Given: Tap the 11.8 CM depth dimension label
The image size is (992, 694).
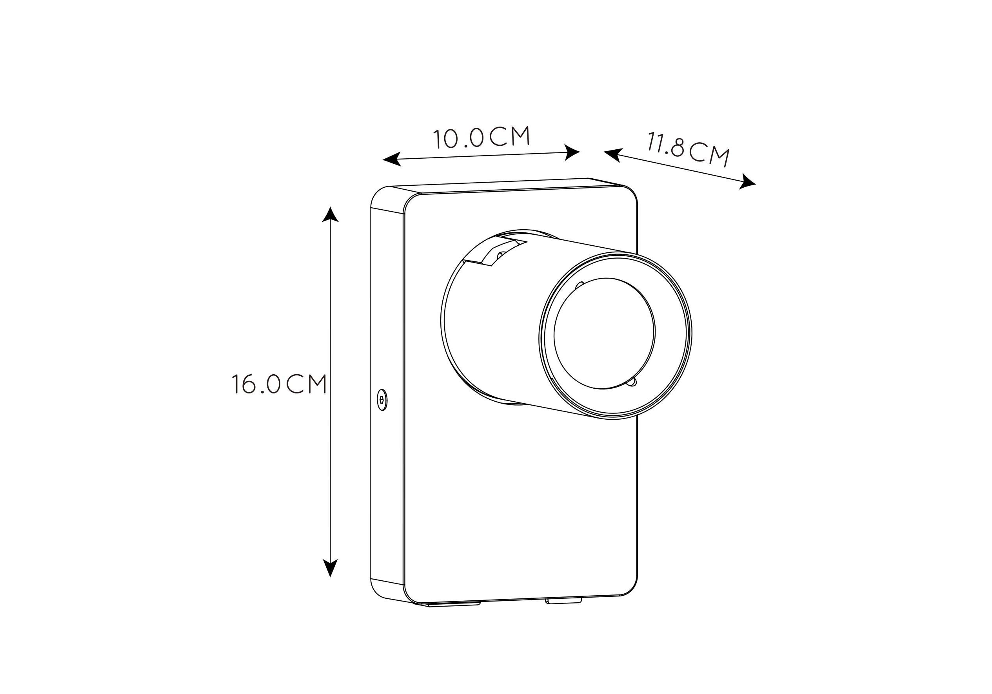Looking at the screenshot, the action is coord(688,149).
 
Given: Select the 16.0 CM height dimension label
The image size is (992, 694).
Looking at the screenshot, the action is coord(279,384).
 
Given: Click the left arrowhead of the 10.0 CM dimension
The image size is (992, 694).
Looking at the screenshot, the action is coord(391,159).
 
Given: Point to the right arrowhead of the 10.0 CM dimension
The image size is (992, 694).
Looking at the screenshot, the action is coord(572,152).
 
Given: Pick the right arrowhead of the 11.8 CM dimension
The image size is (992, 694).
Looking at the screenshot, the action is coord(747,181).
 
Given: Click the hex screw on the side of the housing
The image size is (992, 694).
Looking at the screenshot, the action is coord(382,400).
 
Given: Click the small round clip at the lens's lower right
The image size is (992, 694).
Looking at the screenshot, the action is coord(632,382).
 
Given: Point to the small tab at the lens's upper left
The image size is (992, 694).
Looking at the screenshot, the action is coord(579,285).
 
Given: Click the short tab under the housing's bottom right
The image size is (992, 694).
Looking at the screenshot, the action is coord(563,601).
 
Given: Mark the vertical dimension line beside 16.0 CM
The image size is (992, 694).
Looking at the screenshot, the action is coord(330,392).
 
